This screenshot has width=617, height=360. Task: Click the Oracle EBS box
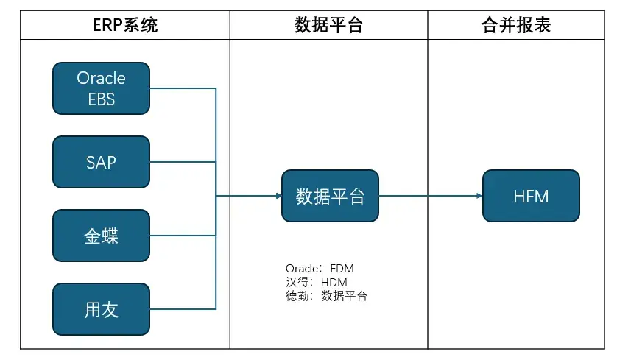[x=101, y=88]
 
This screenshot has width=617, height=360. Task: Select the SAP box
[x=101, y=162]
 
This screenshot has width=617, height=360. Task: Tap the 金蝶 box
[x=101, y=236]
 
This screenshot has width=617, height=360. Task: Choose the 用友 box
[x=101, y=309]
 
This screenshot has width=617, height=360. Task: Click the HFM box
[x=531, y=196]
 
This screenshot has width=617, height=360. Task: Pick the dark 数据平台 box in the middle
[x=330, y=196]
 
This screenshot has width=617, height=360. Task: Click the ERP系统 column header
[x=125, y=25]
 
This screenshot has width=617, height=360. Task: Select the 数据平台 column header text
[x=328, y=25]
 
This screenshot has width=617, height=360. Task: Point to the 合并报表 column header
[x=516, y=25]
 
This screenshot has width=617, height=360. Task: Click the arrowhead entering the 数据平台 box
[x=279, y=196]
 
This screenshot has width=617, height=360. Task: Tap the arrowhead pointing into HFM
[x=479, y=196]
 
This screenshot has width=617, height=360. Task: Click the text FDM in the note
[x=342, y=268]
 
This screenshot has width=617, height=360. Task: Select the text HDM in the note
[x=334, y=282]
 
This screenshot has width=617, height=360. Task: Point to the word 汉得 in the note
[x=297, y=282]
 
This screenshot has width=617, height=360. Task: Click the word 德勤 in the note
[x=297, y=296]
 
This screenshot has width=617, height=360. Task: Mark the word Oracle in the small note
[x=302, y=268]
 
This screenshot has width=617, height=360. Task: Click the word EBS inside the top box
[x=102, y=99]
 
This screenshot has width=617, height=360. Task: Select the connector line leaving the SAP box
[x=183, y=162]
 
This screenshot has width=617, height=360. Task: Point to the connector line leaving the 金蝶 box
[x=183, y=236]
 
